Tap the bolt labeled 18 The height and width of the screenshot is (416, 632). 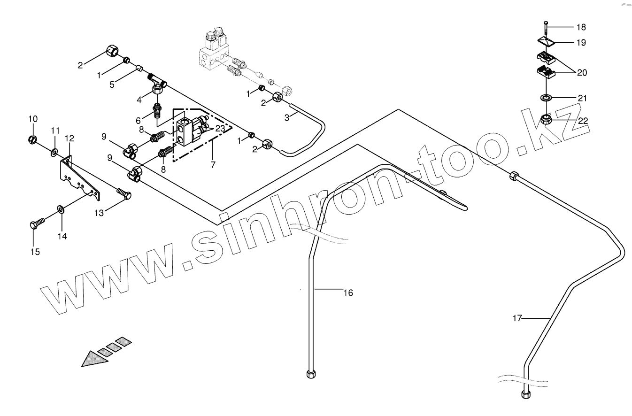point(546,29)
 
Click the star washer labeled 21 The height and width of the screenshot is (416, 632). point(546,98)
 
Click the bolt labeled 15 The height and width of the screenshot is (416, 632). point(37,223)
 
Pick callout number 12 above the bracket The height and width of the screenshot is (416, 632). point(69,139)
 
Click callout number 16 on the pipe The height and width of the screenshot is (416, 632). point(348,293)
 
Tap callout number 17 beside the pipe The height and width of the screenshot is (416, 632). point(517,318)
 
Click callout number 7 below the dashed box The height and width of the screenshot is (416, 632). point(213,165)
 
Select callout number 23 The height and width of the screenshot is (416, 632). point(220,128)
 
